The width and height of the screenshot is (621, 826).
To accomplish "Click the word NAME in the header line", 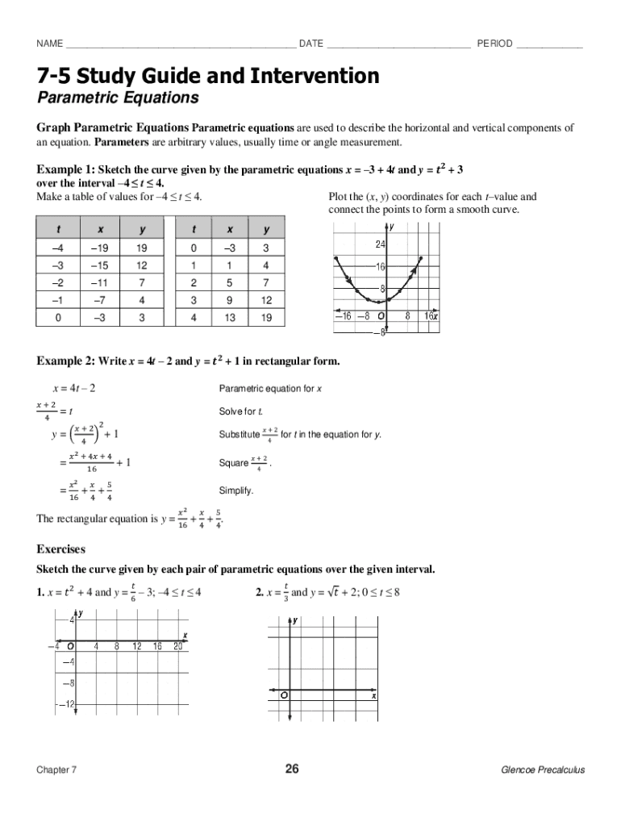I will coord(50,43).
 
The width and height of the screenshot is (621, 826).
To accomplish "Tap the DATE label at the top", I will coord(311,43).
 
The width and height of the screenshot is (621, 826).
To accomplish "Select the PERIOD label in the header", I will coord(494,43).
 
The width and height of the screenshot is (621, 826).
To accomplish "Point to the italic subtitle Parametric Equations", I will coord(118,98).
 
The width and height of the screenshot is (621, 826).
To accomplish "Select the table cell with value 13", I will coord(230,318).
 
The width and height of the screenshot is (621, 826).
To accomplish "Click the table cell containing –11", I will coord(99,283).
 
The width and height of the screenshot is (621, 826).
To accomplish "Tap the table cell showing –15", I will coord(99,266).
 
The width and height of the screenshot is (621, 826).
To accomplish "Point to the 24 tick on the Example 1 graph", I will coord(380,244).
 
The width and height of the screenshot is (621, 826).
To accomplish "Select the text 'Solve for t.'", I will coord(242,412).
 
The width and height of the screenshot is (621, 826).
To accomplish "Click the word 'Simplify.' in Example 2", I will coord(236,490).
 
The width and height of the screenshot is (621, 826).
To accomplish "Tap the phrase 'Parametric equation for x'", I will coord(270,389).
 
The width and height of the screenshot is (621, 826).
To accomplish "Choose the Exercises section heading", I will coord(61,549).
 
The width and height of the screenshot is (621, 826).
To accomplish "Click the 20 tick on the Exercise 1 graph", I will coord(178,646).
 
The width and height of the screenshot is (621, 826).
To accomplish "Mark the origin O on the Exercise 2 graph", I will coord(285,695).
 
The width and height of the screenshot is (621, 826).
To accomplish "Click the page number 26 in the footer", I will coord(292,770).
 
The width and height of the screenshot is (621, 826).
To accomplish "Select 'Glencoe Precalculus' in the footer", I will coord(543,770).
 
